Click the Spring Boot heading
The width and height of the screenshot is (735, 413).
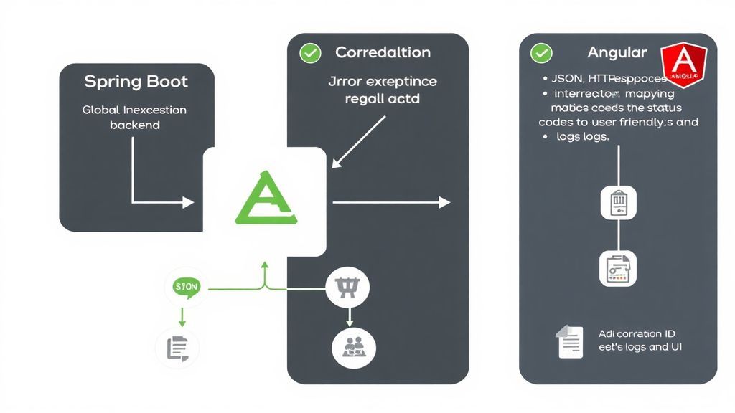(x=136, y=81)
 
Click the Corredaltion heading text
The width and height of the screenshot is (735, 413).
(x=383, y=52)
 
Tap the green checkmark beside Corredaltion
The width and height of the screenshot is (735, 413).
(x=310, y=52)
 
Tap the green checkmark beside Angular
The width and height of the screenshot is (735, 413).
(x=541, y=52)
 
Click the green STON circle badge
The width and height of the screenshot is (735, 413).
(x=186, y=287)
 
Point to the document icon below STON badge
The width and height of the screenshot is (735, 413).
(x=177, y=348)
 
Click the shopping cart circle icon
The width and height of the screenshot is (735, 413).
(x=348, y=288)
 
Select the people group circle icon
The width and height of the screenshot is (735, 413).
(x=353, y=346)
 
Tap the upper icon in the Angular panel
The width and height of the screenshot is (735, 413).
(x=618, y=202)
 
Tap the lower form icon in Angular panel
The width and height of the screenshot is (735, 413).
(x=618, y=268)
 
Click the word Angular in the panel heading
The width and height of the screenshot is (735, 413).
(x=617, y=52)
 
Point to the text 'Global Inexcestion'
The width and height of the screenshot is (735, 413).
(x=134, y=110)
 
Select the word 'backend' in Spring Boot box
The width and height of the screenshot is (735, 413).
(x=134, y=125)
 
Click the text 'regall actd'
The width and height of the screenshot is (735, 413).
(x=382, y=98)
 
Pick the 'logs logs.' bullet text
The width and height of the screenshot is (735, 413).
(x=582, y=136)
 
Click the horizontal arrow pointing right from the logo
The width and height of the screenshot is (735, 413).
(x=391, y=203)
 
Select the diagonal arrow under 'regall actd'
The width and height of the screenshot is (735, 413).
(x=359, y=142)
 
